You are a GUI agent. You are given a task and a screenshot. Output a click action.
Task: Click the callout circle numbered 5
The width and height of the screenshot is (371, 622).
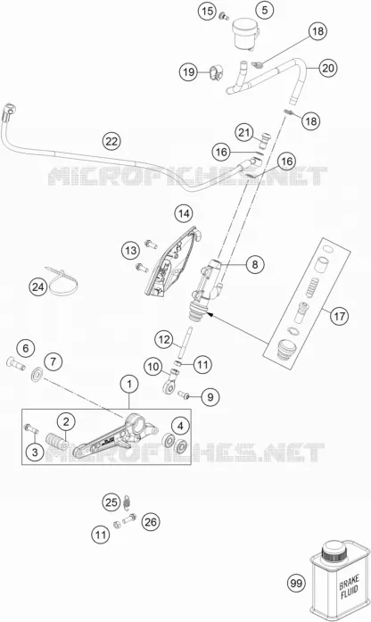point(264,10)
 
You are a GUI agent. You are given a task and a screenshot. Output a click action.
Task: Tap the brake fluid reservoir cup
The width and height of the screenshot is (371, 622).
point(245,34)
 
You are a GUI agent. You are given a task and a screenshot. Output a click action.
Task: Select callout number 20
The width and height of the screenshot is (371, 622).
point(328,68)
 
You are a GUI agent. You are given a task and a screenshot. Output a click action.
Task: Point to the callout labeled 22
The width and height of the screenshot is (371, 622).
point(111,141)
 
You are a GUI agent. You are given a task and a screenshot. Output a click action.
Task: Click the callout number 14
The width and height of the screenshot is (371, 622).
point(183,214)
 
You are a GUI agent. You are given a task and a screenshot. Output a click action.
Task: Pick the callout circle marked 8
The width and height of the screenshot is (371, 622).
point(255,264)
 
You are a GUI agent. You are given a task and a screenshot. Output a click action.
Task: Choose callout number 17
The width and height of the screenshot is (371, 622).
point(339,316)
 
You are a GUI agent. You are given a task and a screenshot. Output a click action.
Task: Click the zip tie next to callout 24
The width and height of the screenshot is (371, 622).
point(63,280)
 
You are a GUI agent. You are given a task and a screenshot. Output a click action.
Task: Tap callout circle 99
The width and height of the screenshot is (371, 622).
point(296,583)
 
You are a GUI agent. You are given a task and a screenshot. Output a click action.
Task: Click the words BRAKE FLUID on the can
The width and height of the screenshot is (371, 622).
point(349,590)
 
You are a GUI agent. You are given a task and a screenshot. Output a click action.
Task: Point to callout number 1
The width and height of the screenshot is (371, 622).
point(128,384)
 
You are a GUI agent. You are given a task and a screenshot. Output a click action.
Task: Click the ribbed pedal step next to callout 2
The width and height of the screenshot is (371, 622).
point(55,441)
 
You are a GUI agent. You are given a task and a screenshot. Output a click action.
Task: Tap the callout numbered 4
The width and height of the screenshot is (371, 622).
point(180,426)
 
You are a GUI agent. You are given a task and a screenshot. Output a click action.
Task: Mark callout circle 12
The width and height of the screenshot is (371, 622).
point(164,340)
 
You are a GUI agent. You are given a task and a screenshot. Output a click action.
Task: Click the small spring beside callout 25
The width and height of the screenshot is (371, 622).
point(128,502)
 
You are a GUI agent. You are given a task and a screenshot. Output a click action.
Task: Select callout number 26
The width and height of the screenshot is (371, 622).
point(151,522)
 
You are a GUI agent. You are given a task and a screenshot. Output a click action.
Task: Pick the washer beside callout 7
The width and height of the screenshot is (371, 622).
point(37,375)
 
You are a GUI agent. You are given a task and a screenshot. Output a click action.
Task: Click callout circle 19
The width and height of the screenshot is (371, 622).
point(189,72)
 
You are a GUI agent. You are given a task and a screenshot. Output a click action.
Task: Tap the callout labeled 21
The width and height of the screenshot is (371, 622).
point(244,132)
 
